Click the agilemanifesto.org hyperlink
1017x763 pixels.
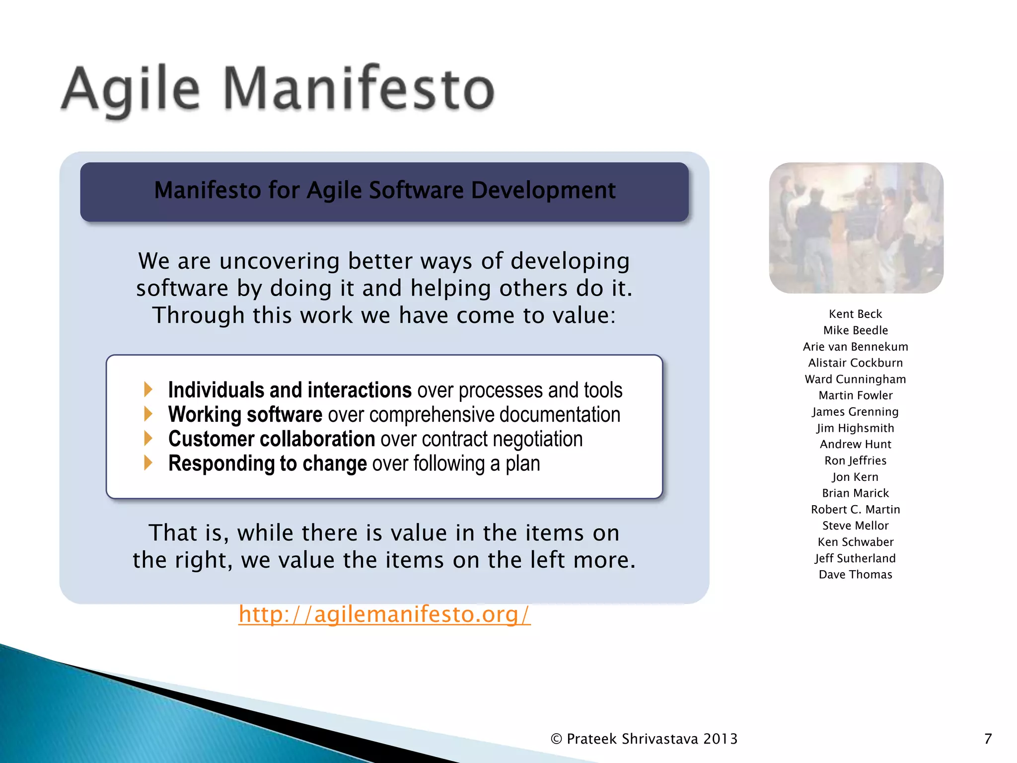pos(384,614)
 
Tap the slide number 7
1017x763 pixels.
pos(988,739)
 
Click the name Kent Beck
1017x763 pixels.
pos(855,314)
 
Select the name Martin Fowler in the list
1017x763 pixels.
pos(855,395)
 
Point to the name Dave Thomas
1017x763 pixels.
pos(855,575)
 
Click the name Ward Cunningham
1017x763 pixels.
pos(855,379)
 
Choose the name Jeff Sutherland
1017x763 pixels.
pos(855,558)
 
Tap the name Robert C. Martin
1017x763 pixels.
pos(855,510)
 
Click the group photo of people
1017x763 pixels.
pos(856,228)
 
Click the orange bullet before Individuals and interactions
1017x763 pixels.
pos(148,389)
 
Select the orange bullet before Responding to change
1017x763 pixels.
pos(148,462)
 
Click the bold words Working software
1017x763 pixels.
pos(245,415)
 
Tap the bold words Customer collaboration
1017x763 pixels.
pos(271,439)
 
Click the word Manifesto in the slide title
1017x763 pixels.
pos(359,89)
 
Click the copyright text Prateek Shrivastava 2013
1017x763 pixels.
pos(645,739)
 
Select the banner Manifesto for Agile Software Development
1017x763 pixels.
pos(384,191)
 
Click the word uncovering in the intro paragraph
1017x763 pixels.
pos(280,261)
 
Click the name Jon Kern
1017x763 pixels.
pos(855,477)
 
